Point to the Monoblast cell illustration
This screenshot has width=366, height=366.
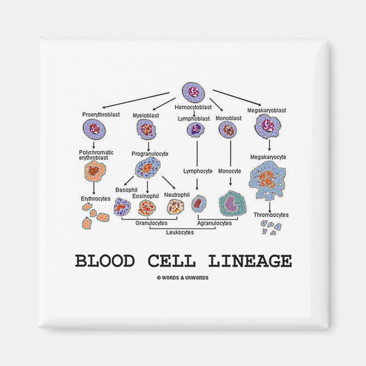tap(229, 130)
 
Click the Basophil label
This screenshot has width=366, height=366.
tap(126, 189)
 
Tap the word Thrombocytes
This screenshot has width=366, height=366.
tap(271, 214)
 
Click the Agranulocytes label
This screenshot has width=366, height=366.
tap(215, 223)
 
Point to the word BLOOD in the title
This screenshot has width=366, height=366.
tap(105, 261)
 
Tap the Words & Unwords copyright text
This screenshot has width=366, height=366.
tap(183, 277)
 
